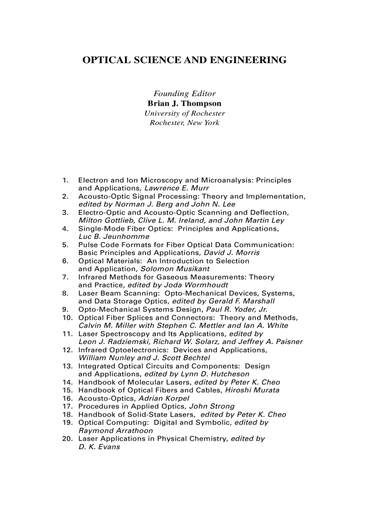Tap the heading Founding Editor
pos(184,94)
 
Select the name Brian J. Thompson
pos(184,103)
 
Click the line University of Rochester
pos(184,113)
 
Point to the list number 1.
pos(65,180)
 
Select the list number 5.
pos(65,245)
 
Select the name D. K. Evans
pos(99,447)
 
